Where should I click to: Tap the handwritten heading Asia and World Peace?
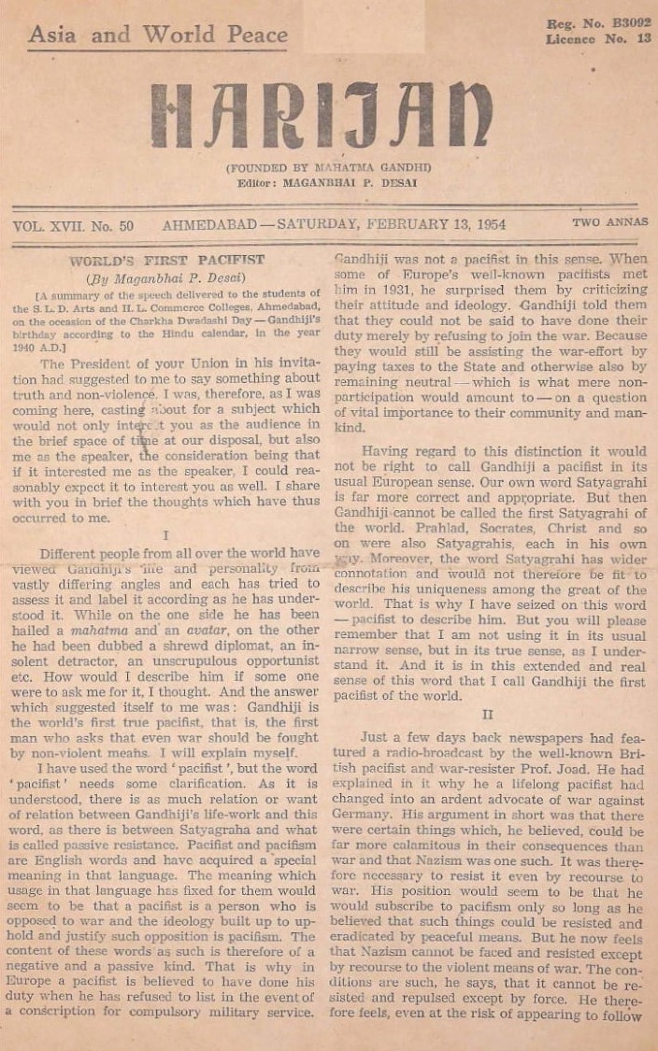(158, 36)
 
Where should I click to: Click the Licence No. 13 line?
(598, 39)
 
